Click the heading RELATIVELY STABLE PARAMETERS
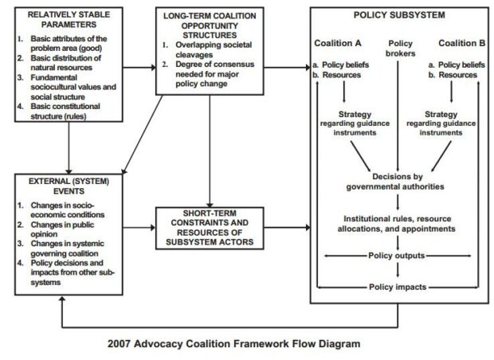click(x=63, y=18)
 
